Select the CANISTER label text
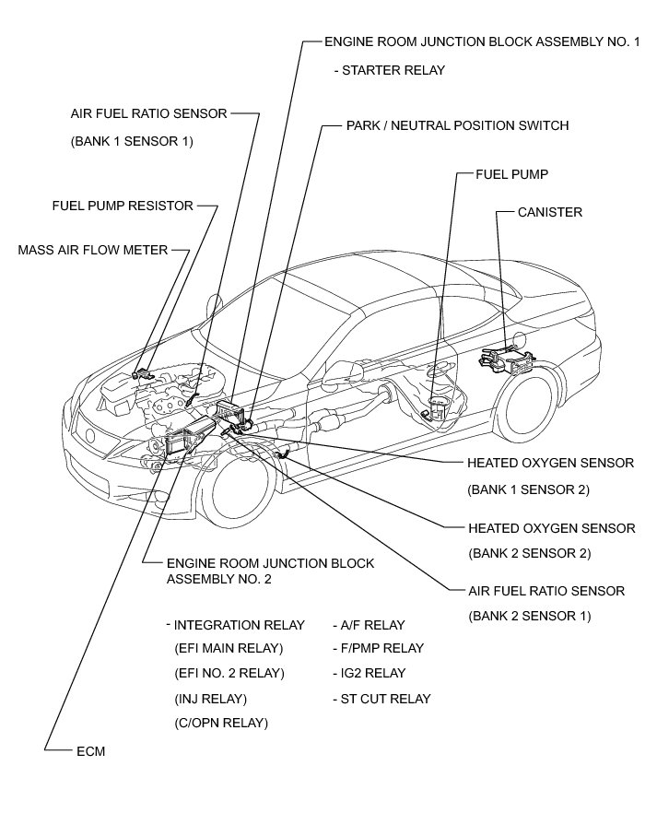tap(550, 213)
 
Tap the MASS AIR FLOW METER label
tap(93, 250)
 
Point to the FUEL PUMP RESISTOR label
tap(123, 206)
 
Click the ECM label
tap(91, 751)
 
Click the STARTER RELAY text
tap(393, 70)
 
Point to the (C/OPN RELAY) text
tap(221, 724)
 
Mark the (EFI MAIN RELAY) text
tap(229, 649)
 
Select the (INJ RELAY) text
tap(210, 699)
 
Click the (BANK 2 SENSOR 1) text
tap(529, 616)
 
